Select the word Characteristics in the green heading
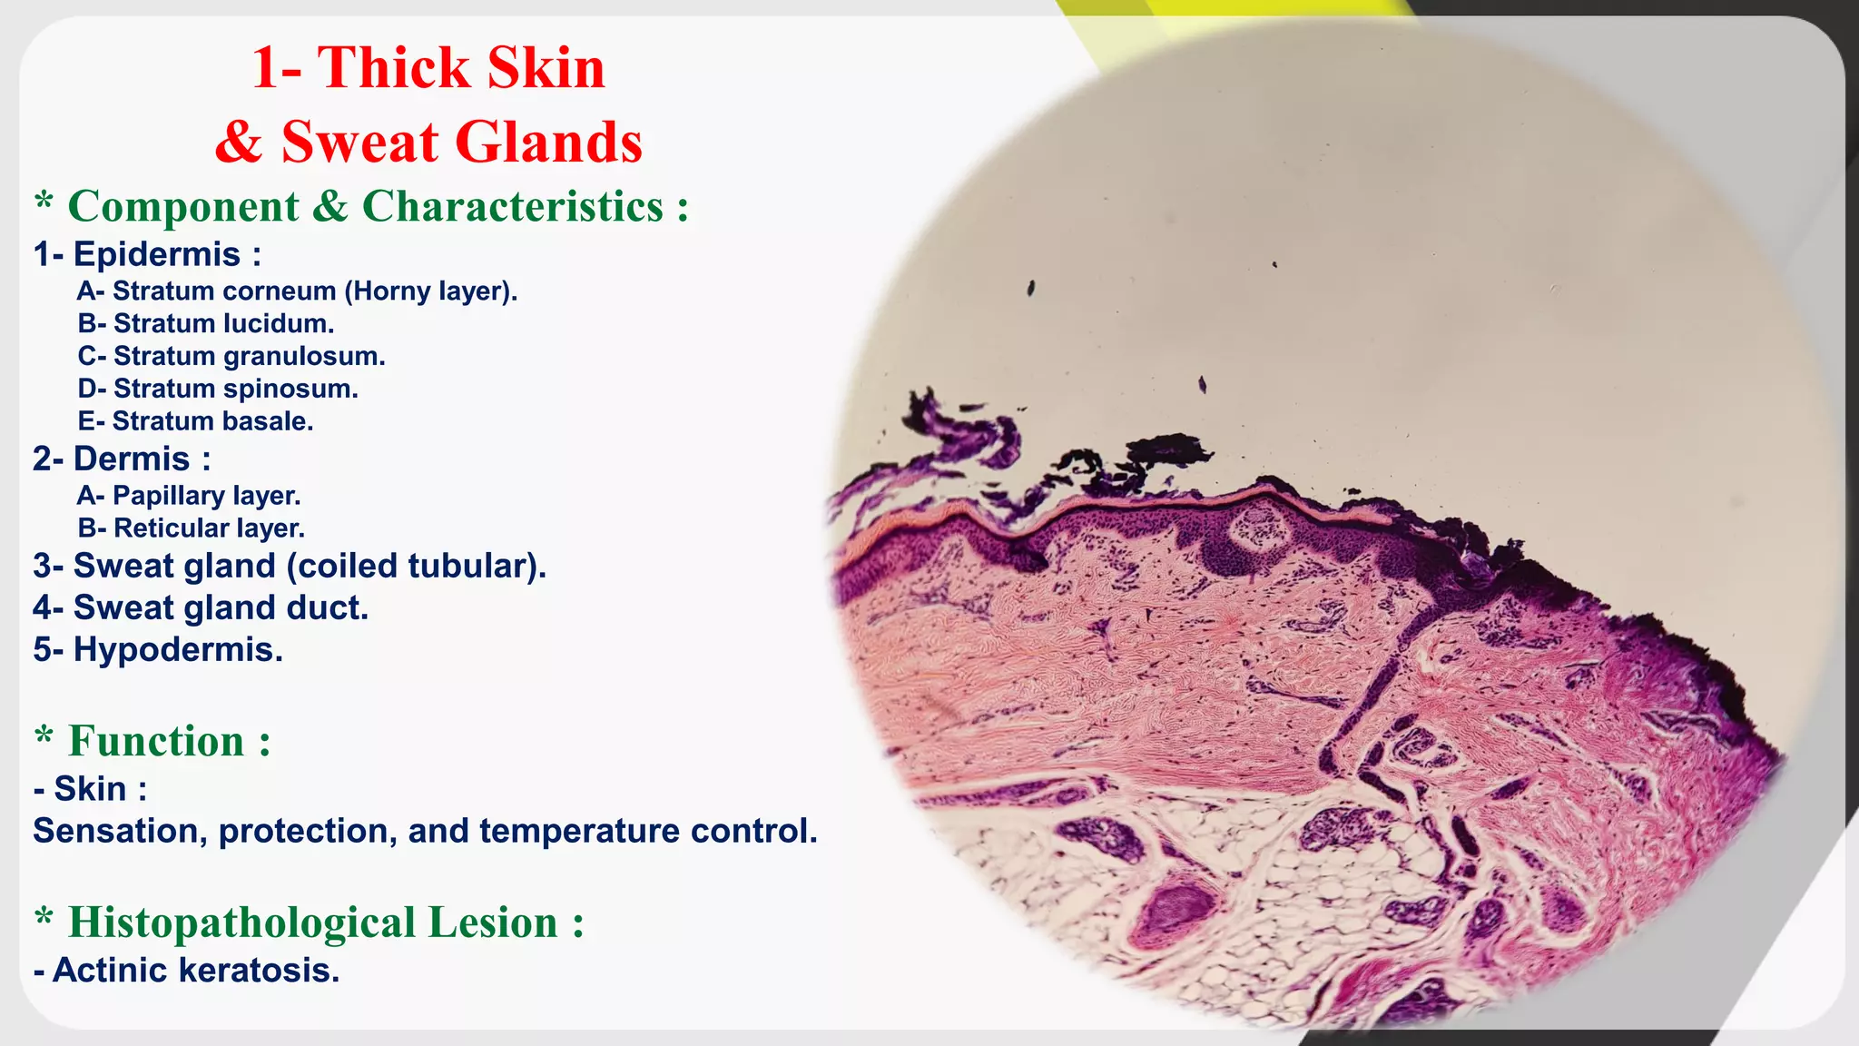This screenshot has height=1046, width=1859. click(x=513, y=206)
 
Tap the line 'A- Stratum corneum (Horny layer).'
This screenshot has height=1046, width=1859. click(x=297, y=291)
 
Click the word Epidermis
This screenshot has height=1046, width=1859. click(x=156, y=254)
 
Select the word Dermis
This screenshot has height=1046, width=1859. click(x=131, y=459)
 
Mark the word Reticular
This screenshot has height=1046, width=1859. click(x=171, y=528)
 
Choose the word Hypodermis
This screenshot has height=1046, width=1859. click(x=178, y=649)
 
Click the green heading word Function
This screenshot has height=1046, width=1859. click(x=156, y=741)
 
